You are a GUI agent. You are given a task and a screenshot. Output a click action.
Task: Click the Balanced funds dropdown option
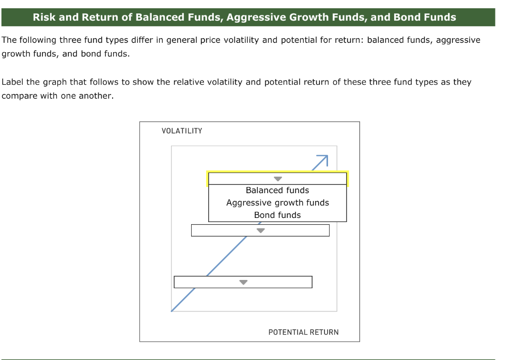tap(277, 191)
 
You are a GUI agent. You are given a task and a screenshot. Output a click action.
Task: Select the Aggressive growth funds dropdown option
tap(277, 203)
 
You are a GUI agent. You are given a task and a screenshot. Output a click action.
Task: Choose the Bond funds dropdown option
tap(277, 215)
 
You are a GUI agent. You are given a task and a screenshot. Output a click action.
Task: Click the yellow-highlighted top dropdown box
tap(277, 179)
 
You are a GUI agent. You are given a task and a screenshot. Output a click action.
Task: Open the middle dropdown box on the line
tap(260, 230)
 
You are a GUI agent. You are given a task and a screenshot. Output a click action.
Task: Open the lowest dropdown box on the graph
tap(243, 282)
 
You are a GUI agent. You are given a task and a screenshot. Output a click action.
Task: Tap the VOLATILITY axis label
tap(182, 131)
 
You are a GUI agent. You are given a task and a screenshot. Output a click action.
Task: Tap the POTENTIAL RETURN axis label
tap(303, 332)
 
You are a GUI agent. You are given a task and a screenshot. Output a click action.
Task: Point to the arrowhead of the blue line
tap(325, 158)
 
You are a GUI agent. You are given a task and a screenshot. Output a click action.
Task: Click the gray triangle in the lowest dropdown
tap(243, 283)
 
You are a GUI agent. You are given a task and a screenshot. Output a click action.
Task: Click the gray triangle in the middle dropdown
tap(261, 231)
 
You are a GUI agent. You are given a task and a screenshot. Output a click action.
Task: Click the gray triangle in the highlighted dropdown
tap(278, 179)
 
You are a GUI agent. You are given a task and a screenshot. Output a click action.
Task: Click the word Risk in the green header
tap(44, 17)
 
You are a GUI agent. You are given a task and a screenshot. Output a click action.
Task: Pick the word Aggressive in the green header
tap(256, 17)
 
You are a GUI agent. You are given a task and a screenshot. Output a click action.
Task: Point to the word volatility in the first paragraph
tap(242, 40)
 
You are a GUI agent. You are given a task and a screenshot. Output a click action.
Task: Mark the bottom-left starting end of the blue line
tap(172, 311)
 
